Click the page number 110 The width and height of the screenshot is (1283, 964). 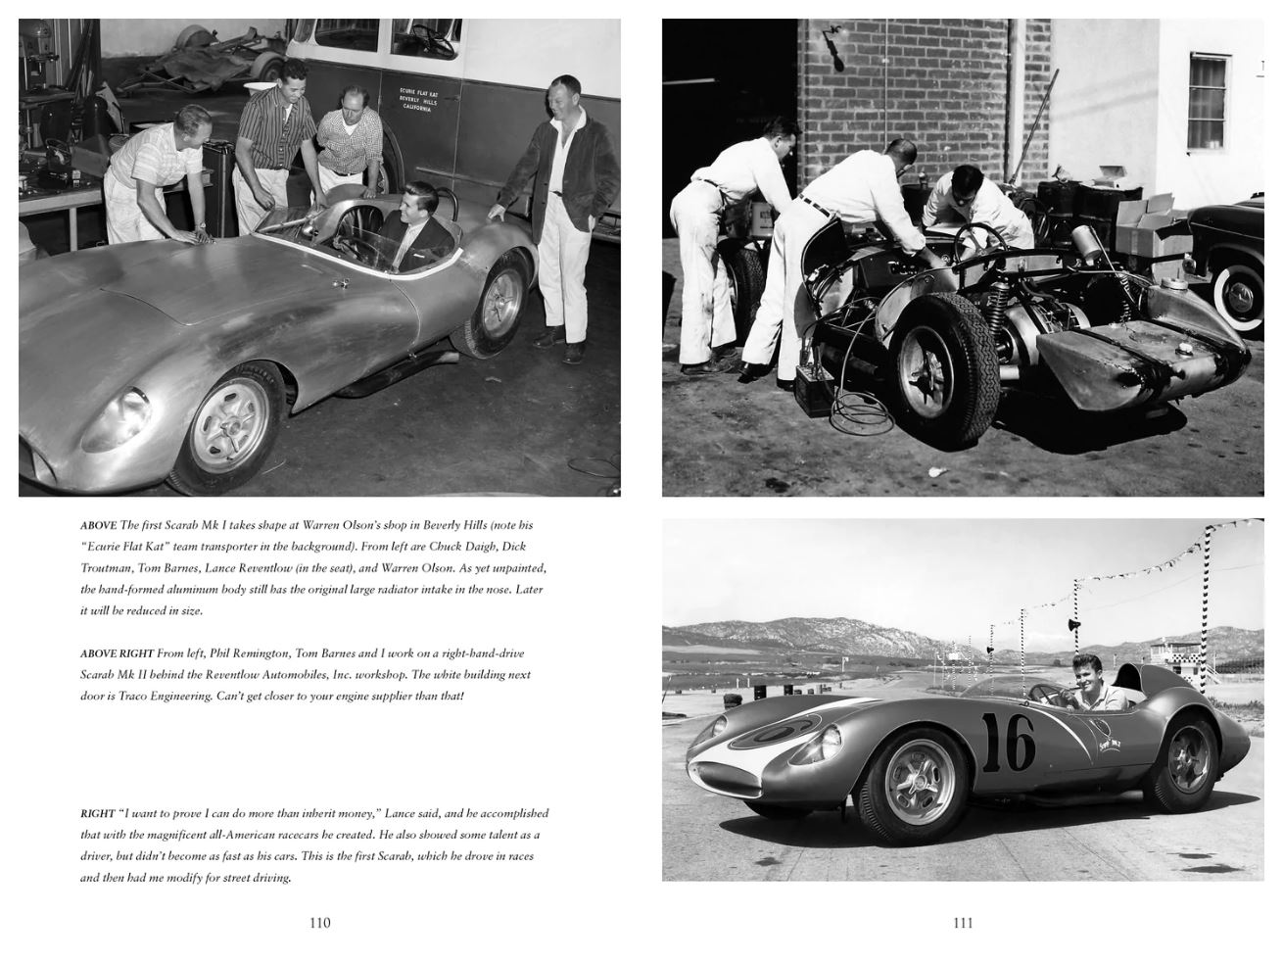(x=319, y=922)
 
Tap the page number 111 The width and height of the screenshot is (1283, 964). (x=963, y=922)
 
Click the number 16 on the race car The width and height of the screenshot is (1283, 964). (x=1008, y=745)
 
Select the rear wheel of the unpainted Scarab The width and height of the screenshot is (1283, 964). (x=502, y=306)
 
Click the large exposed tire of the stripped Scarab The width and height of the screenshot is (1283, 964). (x=933, y=355)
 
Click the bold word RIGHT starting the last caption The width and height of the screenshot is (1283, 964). (x=97, y=813)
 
